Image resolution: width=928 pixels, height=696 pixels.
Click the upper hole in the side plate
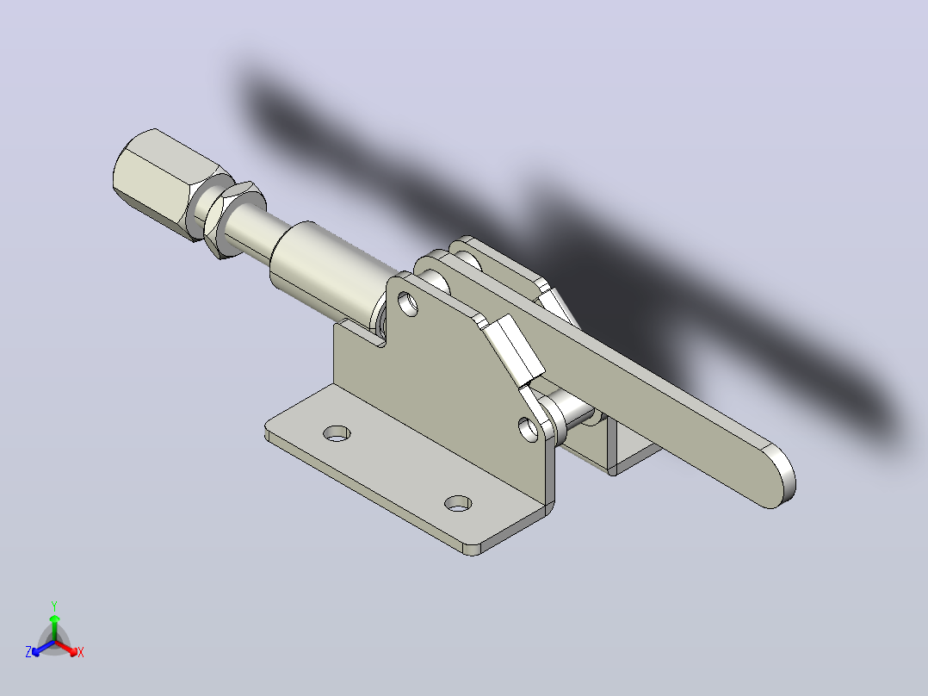click(408, 303)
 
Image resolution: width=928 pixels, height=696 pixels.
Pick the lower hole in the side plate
click(528, 430)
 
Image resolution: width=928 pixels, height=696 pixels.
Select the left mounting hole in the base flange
click(337, 433)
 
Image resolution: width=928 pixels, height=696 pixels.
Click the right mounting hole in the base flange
click(458, 504)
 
